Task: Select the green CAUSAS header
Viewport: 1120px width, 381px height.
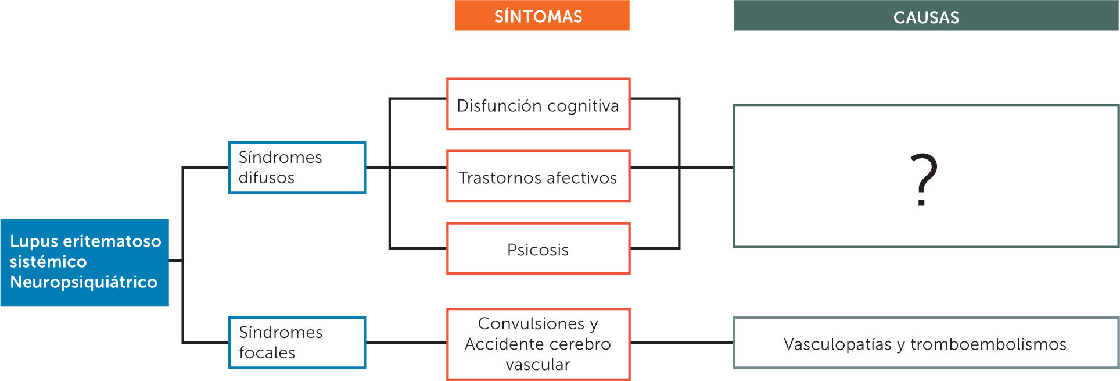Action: click(x=926, y=16)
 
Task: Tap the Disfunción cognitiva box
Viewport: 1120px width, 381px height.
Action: click(x=538, y=105)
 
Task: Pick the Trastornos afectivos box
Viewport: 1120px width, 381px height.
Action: click(x=538, y=177)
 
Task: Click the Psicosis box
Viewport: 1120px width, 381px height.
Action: click(x=538, y=249)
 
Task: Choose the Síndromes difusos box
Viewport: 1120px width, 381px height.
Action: click(x=297, y=168)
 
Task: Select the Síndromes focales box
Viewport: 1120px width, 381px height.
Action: click(x=297, y=343)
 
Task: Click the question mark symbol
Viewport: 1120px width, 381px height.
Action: click(x=924, y=179)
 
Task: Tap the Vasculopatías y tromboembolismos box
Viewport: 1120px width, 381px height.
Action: click(x=926, y=343)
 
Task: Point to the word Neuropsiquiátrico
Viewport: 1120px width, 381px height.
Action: click(x=84, y=282)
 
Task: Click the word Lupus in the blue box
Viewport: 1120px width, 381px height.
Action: click(x=34, y=241)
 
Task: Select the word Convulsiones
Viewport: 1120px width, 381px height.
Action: click(x=531, y=323)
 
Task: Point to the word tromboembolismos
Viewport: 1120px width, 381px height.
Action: click(x=988, y=344)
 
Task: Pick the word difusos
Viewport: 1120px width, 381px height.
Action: click(x=267, y=178)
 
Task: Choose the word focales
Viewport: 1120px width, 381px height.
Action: click(x=267, y=353)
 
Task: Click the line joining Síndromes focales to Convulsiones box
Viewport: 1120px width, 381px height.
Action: click(x=406, y=343)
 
